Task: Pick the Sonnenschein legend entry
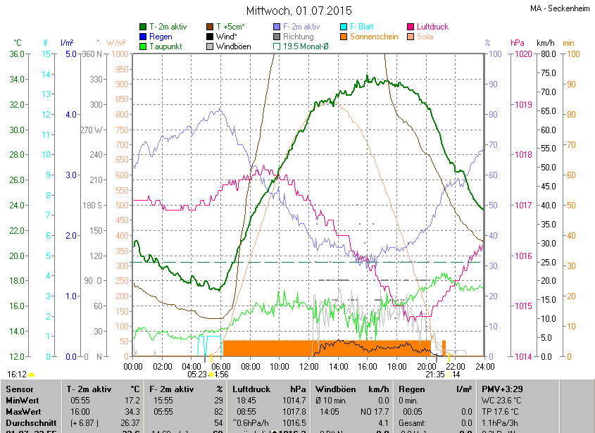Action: pyautogui.click(x=374, y=37)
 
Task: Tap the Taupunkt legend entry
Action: pyautogui.click(x=166, y=46)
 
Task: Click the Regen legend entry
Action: pyautogui.click(x=161, y=37)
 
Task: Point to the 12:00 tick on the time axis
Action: pyautogui.click(x=309, y=366)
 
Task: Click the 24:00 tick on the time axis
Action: pyautogui.click(x=483, y=366)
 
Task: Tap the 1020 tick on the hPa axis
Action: pyautogui.click(x=522, y=54)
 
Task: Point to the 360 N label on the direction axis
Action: pyautogui.click(x=92, y=54)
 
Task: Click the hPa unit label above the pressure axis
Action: pyautogui.click(x=518, y=43)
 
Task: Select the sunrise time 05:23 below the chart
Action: pyautogui.click(x=197, y=375)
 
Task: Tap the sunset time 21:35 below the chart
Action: pyautogui.click(x=435, y=375)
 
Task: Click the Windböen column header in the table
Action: pyautogui.click(x=337, y=388)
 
